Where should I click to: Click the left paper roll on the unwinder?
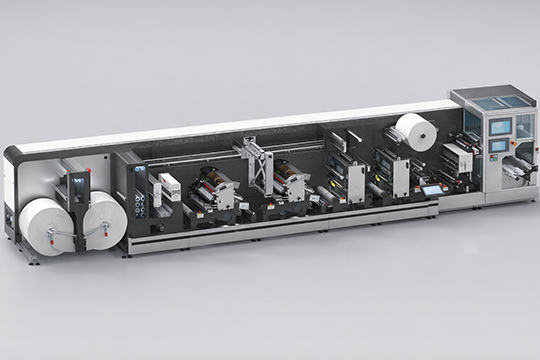point(45,225)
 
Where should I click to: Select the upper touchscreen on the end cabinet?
point(499,126)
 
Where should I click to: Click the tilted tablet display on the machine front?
point(432,189)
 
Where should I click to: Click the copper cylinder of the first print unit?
point(211,177)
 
